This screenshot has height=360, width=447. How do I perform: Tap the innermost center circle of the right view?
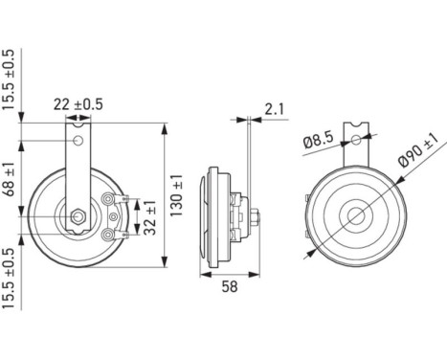point(356,215)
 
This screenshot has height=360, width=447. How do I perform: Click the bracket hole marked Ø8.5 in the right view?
point(356,140)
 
